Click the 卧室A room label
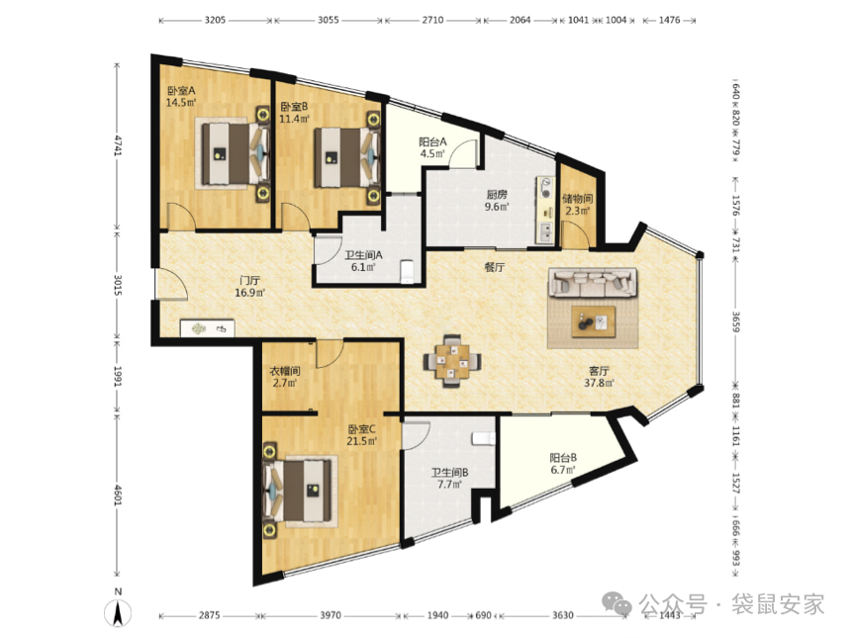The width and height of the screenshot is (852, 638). coord(181,91)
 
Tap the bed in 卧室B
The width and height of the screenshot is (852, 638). coord(346,157)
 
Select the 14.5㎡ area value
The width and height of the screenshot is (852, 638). coord(181,102)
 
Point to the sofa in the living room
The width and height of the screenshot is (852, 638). coord(593,282)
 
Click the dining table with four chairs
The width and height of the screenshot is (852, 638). coord(452,360)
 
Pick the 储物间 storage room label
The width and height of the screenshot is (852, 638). coord(577,199)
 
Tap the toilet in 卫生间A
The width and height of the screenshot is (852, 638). coord(407,271)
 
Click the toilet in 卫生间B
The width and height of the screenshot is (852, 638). coord(484,438)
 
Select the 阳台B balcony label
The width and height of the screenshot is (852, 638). coord(563,458)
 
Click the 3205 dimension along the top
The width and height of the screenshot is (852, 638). coord(215,20)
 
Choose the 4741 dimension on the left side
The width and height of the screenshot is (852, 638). coord(118,146)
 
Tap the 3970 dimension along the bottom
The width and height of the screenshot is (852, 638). coord(331,615)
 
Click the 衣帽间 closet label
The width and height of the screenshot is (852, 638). coord(285,371)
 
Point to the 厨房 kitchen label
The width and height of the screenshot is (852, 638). coord(497,195)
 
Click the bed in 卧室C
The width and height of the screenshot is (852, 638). coord(297,491)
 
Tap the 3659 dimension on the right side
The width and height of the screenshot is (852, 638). coord(735,321)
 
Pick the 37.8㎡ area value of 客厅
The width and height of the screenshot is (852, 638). coord(599,383)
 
